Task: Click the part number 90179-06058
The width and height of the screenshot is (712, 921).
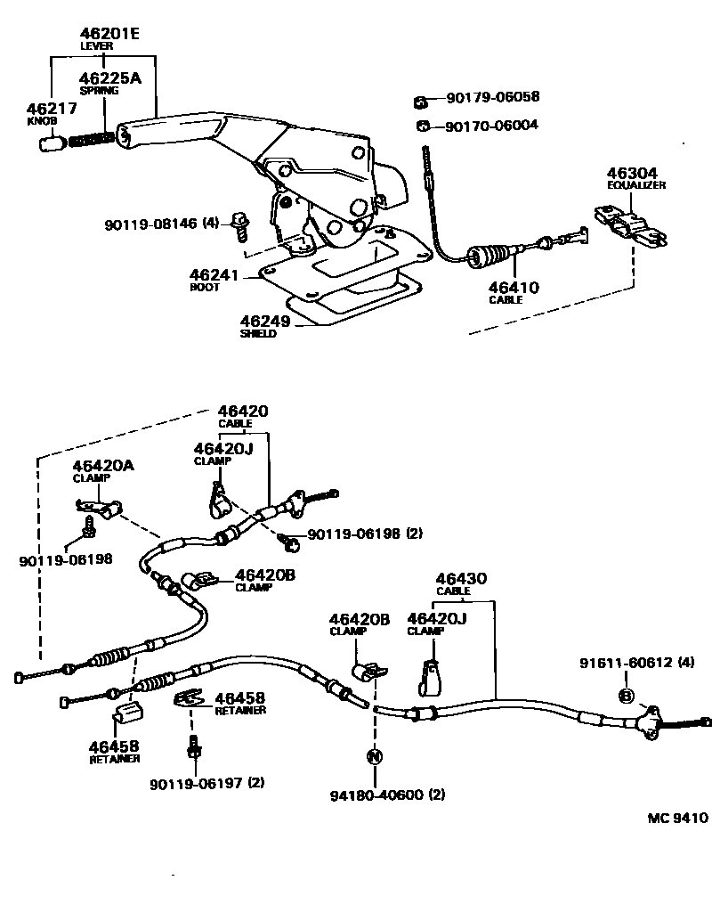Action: pos(492,97)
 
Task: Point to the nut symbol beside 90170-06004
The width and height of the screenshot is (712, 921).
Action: pos(424,126)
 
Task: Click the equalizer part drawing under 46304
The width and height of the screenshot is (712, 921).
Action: pos(630,224)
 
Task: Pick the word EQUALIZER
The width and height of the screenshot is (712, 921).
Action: pos(636,185)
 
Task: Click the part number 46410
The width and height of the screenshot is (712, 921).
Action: pos(512,287)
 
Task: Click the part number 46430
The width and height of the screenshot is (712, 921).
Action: pos(460,579)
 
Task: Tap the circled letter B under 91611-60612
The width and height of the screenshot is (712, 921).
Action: pos(627,696)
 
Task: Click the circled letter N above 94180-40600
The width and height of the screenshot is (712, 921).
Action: pos(375,757)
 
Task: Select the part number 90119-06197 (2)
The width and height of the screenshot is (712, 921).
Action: pos(206,783)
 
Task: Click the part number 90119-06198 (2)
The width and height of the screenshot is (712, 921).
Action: pos(365,534)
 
